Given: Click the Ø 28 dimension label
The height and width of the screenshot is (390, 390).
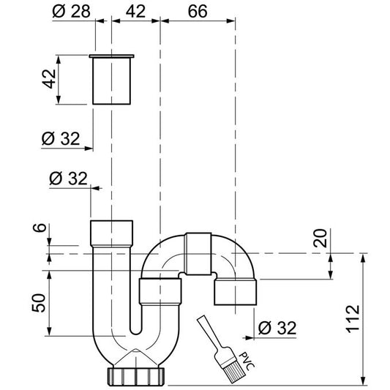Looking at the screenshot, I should [x=72, y=12].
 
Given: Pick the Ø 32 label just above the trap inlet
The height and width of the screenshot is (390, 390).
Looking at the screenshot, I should [x=70, y=178].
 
